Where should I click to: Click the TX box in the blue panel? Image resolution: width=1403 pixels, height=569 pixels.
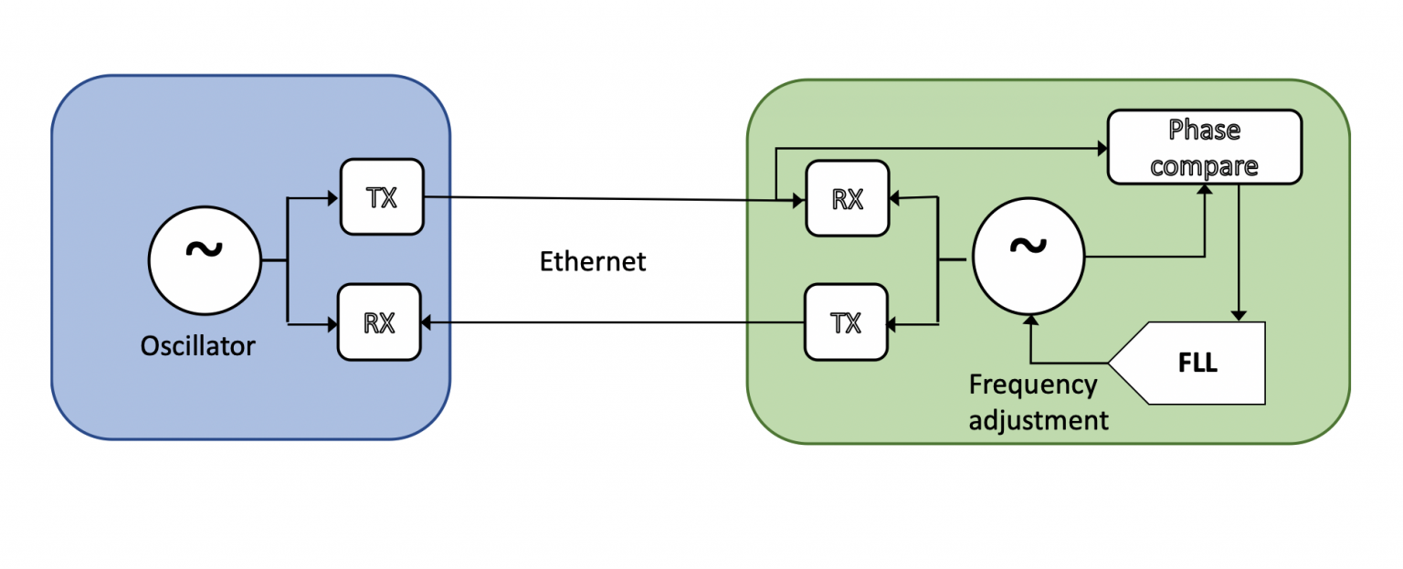click(382, 196)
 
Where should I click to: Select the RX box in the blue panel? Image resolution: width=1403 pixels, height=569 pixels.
click(379, 321)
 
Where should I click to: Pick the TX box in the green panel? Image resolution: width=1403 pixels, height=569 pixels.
click(846, 322)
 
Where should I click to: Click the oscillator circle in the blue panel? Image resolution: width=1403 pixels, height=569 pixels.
click(205, 260)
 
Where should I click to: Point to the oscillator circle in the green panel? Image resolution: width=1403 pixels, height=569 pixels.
click(1028, 258)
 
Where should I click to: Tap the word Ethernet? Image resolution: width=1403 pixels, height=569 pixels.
click(593, 261)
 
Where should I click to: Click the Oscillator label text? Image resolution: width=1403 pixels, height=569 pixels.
click(197, 346)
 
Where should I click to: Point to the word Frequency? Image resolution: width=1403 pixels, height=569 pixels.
click(1032, 385)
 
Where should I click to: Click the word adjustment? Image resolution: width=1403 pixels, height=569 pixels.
click(1039, 420)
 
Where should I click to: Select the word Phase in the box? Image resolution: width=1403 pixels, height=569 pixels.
click(1205, 130)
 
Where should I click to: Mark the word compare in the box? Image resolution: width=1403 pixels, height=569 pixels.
click(1205, 165)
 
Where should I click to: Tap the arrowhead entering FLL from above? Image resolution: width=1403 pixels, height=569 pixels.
click(1239, 315)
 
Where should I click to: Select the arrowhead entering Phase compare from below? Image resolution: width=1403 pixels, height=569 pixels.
click(1205, 188)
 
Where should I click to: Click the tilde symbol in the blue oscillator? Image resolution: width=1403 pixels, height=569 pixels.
click(205, 248)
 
